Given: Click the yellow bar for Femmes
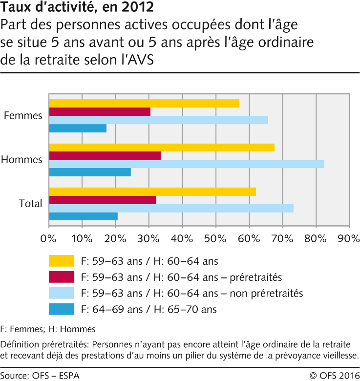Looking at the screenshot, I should click(144, 103).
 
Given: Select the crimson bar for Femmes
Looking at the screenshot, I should click(100, 111).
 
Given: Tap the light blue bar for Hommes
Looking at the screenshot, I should click(187, 164).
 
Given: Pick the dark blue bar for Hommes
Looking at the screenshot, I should click(90, 172).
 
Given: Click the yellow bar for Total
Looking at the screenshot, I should click(152, 191).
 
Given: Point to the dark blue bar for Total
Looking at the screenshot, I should click(83, 216).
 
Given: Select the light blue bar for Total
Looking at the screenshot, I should click(171, 208).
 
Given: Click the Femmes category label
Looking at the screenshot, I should click(23, 116).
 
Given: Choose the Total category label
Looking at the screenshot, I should click(31, 204).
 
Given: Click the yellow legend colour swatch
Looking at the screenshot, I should click(62, 261).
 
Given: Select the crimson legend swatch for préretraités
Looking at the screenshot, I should click(62, 277).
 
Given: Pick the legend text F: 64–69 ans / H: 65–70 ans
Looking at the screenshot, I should click(148, 309).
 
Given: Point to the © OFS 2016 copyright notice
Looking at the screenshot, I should click(334, 375).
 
